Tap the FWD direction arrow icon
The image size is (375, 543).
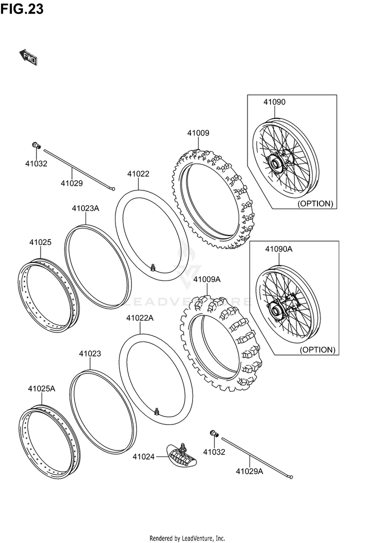[28, 56]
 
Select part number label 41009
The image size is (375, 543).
[198, 133]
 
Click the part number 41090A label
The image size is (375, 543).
[278, 248]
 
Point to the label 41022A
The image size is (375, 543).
[139, 318]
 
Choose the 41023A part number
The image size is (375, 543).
[85, 208]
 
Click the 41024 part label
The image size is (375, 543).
[143, 456]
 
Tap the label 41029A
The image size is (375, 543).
[249, 471]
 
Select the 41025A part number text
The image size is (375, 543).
[41, 388]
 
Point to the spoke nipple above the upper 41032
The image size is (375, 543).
[36, 145]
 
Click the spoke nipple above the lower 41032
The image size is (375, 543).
[212, 432]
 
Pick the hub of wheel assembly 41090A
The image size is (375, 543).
[276, 310]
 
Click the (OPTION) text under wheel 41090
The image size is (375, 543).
[315, 203]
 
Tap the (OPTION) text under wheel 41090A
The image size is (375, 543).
[317, 349]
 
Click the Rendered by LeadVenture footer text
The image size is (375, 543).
[187, 538]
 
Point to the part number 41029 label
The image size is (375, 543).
[71, 183]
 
